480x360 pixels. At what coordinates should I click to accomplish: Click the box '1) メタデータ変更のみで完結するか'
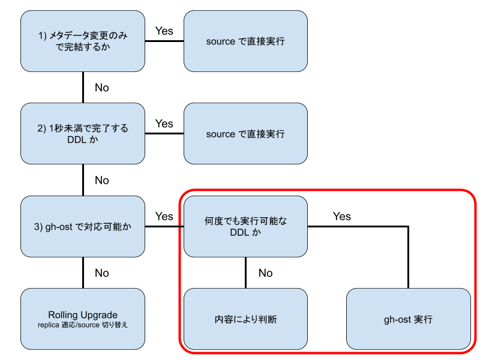pos(83,41)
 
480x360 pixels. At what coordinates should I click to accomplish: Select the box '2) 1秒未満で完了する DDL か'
pos(83,134)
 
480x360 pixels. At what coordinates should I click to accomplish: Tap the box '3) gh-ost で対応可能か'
pos(83,227)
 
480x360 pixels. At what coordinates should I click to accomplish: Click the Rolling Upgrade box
pos(83,319)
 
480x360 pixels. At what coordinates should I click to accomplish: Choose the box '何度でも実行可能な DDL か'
pos(245,227)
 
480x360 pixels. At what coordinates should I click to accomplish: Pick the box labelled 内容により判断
pos(245,319)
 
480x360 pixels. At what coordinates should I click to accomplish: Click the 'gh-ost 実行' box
pos(408,319)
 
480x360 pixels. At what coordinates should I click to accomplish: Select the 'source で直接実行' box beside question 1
pos(245,41)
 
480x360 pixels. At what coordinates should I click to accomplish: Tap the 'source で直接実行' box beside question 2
pos(245,134)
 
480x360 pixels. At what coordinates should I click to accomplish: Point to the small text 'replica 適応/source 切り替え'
pos(83,325)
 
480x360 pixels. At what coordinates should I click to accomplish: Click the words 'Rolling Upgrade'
pos(83,314)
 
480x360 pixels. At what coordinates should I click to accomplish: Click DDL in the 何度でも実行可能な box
pos(239,233)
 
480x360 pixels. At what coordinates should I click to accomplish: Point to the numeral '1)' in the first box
pos(43,36)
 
